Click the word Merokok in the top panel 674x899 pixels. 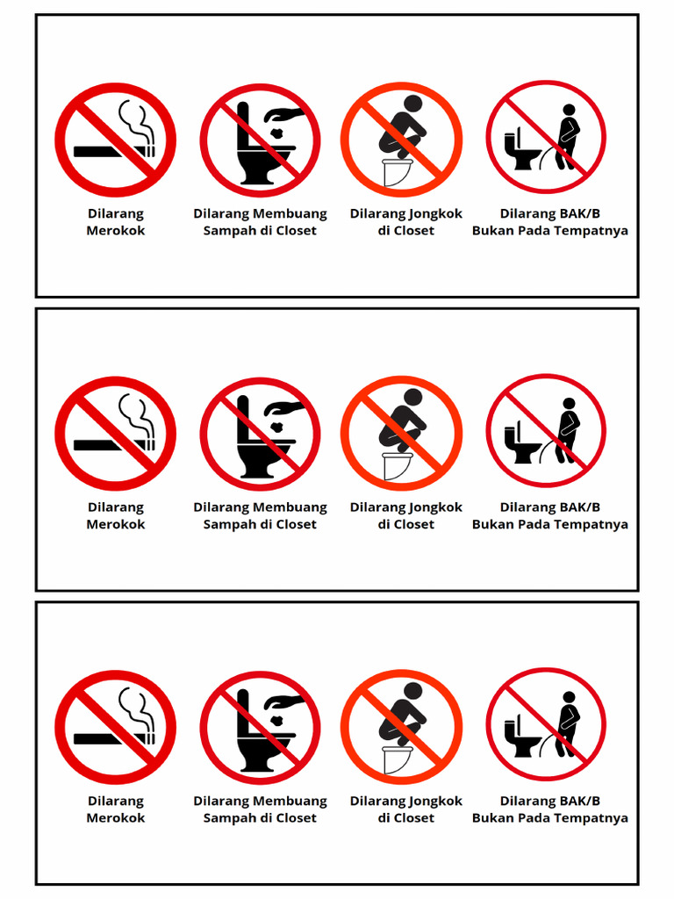coord(116,231)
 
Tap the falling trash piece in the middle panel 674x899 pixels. coord(278,428)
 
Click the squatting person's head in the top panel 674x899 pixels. coord(413,104)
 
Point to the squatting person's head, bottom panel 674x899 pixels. coord(413,692)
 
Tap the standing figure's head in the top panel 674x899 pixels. coord(569,110)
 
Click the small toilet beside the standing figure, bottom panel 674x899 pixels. coord(521,737)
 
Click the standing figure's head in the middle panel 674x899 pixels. coord(569,404)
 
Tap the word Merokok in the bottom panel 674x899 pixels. coord(116,818)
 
